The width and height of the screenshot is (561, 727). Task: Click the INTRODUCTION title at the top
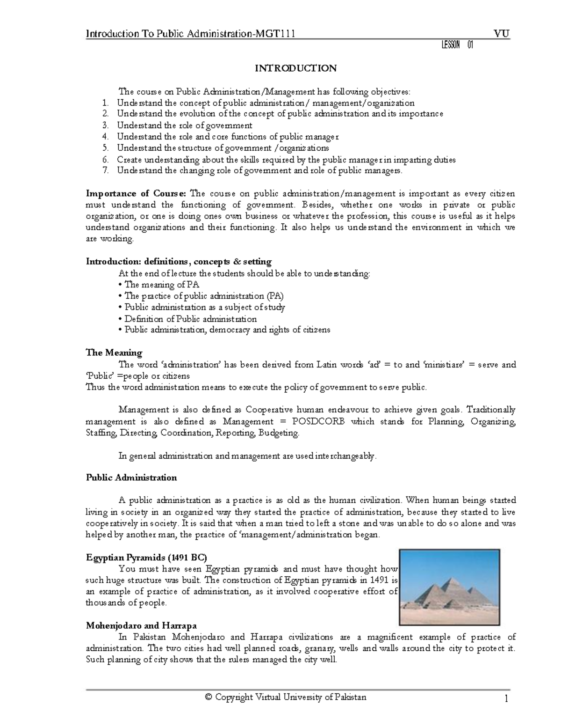295,68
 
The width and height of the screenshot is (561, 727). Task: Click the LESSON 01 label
457,45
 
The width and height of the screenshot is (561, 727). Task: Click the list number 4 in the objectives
106,137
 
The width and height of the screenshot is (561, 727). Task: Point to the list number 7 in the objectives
106,171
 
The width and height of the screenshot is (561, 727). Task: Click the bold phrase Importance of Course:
136,194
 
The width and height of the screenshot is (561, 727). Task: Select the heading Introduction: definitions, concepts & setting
179,262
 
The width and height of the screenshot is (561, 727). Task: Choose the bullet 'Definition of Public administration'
190,319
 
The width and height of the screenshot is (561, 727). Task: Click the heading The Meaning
114,352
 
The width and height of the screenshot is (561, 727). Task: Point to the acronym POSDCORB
318,421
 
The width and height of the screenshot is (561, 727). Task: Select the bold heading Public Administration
131,478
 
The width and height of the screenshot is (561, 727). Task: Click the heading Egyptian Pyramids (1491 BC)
146,558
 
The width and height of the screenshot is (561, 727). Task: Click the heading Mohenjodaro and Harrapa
141,626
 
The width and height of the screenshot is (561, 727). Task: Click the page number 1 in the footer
506,699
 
